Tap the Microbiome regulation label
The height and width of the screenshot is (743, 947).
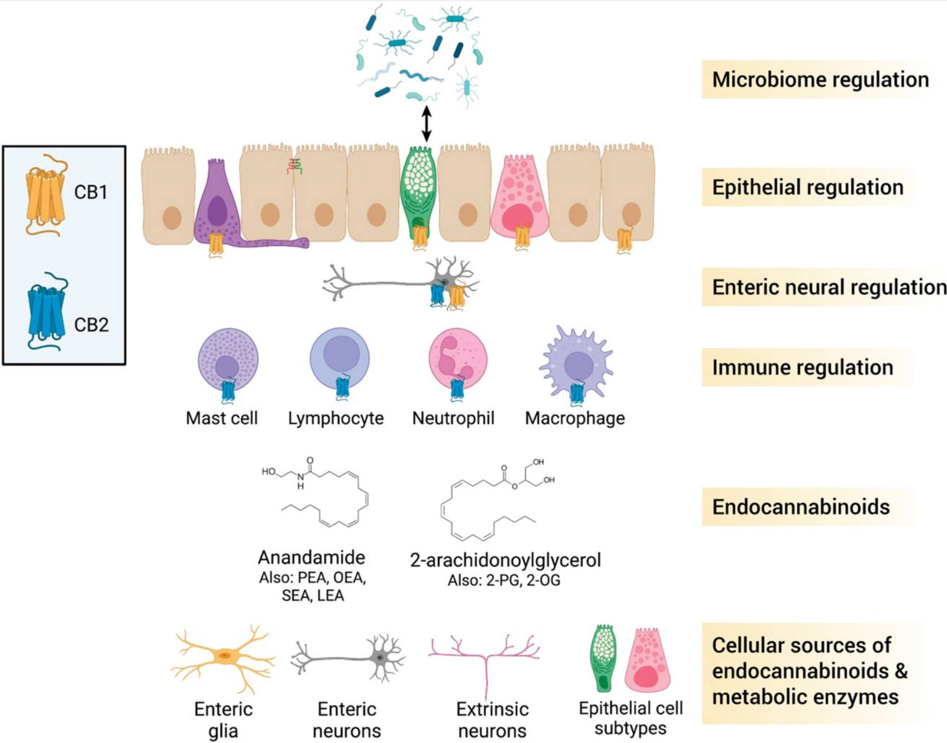tap(820, 79)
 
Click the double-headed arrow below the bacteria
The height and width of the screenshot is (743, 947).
tap(426, 123)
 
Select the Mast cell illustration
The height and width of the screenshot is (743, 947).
tap(227, 358)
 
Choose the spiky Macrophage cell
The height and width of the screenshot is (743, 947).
tap(576, 361)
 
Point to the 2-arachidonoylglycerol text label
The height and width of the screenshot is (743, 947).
tap(505, 560)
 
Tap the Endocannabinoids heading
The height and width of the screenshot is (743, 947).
tap(801, 507)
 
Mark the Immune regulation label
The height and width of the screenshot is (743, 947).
tap(802, 368)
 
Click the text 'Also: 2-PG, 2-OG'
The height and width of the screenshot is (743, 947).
tap(504, 581)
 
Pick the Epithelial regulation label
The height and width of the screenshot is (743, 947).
tap(807, 187)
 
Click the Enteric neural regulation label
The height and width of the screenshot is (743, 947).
tap(829, 287)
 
